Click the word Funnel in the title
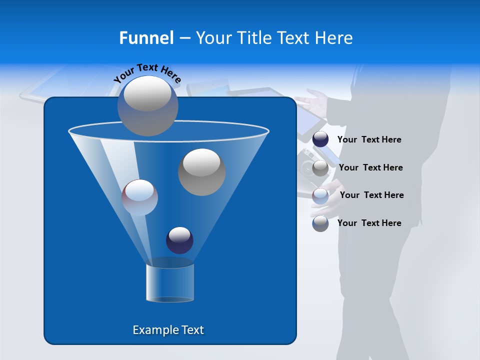coord(146,38)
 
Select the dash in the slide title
coord(184,38)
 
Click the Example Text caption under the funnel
coord(168,330)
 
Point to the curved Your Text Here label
coord(147,73)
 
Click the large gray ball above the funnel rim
coord(148,105)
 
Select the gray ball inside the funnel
coord(202,172)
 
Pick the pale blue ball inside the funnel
coord(139,197)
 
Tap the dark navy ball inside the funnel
coord(179,240)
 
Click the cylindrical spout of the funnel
coord(170,282)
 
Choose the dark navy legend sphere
coord(320,139)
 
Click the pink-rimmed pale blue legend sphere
coord(320,195)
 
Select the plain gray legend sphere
coord(320,168)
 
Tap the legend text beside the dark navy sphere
coord(369,140)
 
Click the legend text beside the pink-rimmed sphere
coord(371,195)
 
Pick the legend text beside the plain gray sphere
coord(370,167)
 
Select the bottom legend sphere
coord(320,223)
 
